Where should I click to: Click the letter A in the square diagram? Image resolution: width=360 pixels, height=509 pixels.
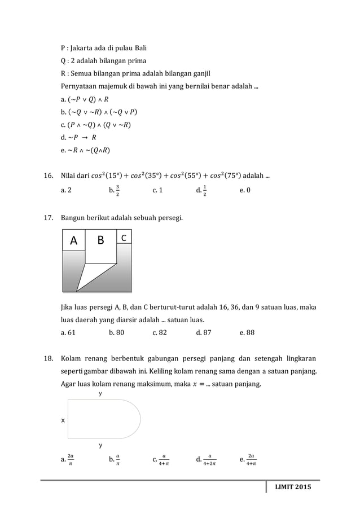(73, 241)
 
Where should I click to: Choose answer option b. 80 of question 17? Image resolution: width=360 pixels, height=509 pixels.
(116, 332)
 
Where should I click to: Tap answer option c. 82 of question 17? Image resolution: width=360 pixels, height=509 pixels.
(160, 332)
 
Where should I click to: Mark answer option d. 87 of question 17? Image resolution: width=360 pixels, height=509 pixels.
(204, 332)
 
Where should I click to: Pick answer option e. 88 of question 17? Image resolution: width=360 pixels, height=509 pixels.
(247, 332)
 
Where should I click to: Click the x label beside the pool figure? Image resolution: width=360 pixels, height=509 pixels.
(63, 420)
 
